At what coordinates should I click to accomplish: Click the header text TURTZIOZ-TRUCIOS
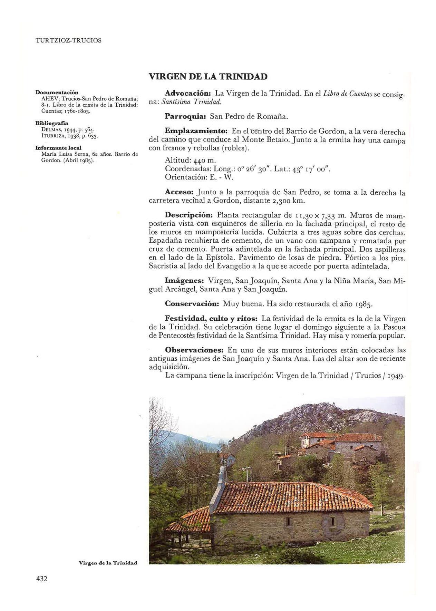coord(68,40)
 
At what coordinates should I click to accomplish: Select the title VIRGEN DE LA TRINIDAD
coord(208,77)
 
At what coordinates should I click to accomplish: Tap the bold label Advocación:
coord(188,94)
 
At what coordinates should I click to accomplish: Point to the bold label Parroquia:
coord(185,116)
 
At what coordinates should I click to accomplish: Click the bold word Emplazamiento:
coord(196,132)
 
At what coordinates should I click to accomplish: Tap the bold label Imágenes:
coord(184,281)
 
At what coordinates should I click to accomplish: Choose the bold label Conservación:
coord(192,304)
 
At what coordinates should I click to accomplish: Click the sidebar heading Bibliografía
coord(52,123)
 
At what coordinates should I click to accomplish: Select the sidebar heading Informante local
coord(58,148)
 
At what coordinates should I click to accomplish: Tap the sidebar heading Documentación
coord(57,93)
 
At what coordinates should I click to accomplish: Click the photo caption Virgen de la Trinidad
coord(108,563)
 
